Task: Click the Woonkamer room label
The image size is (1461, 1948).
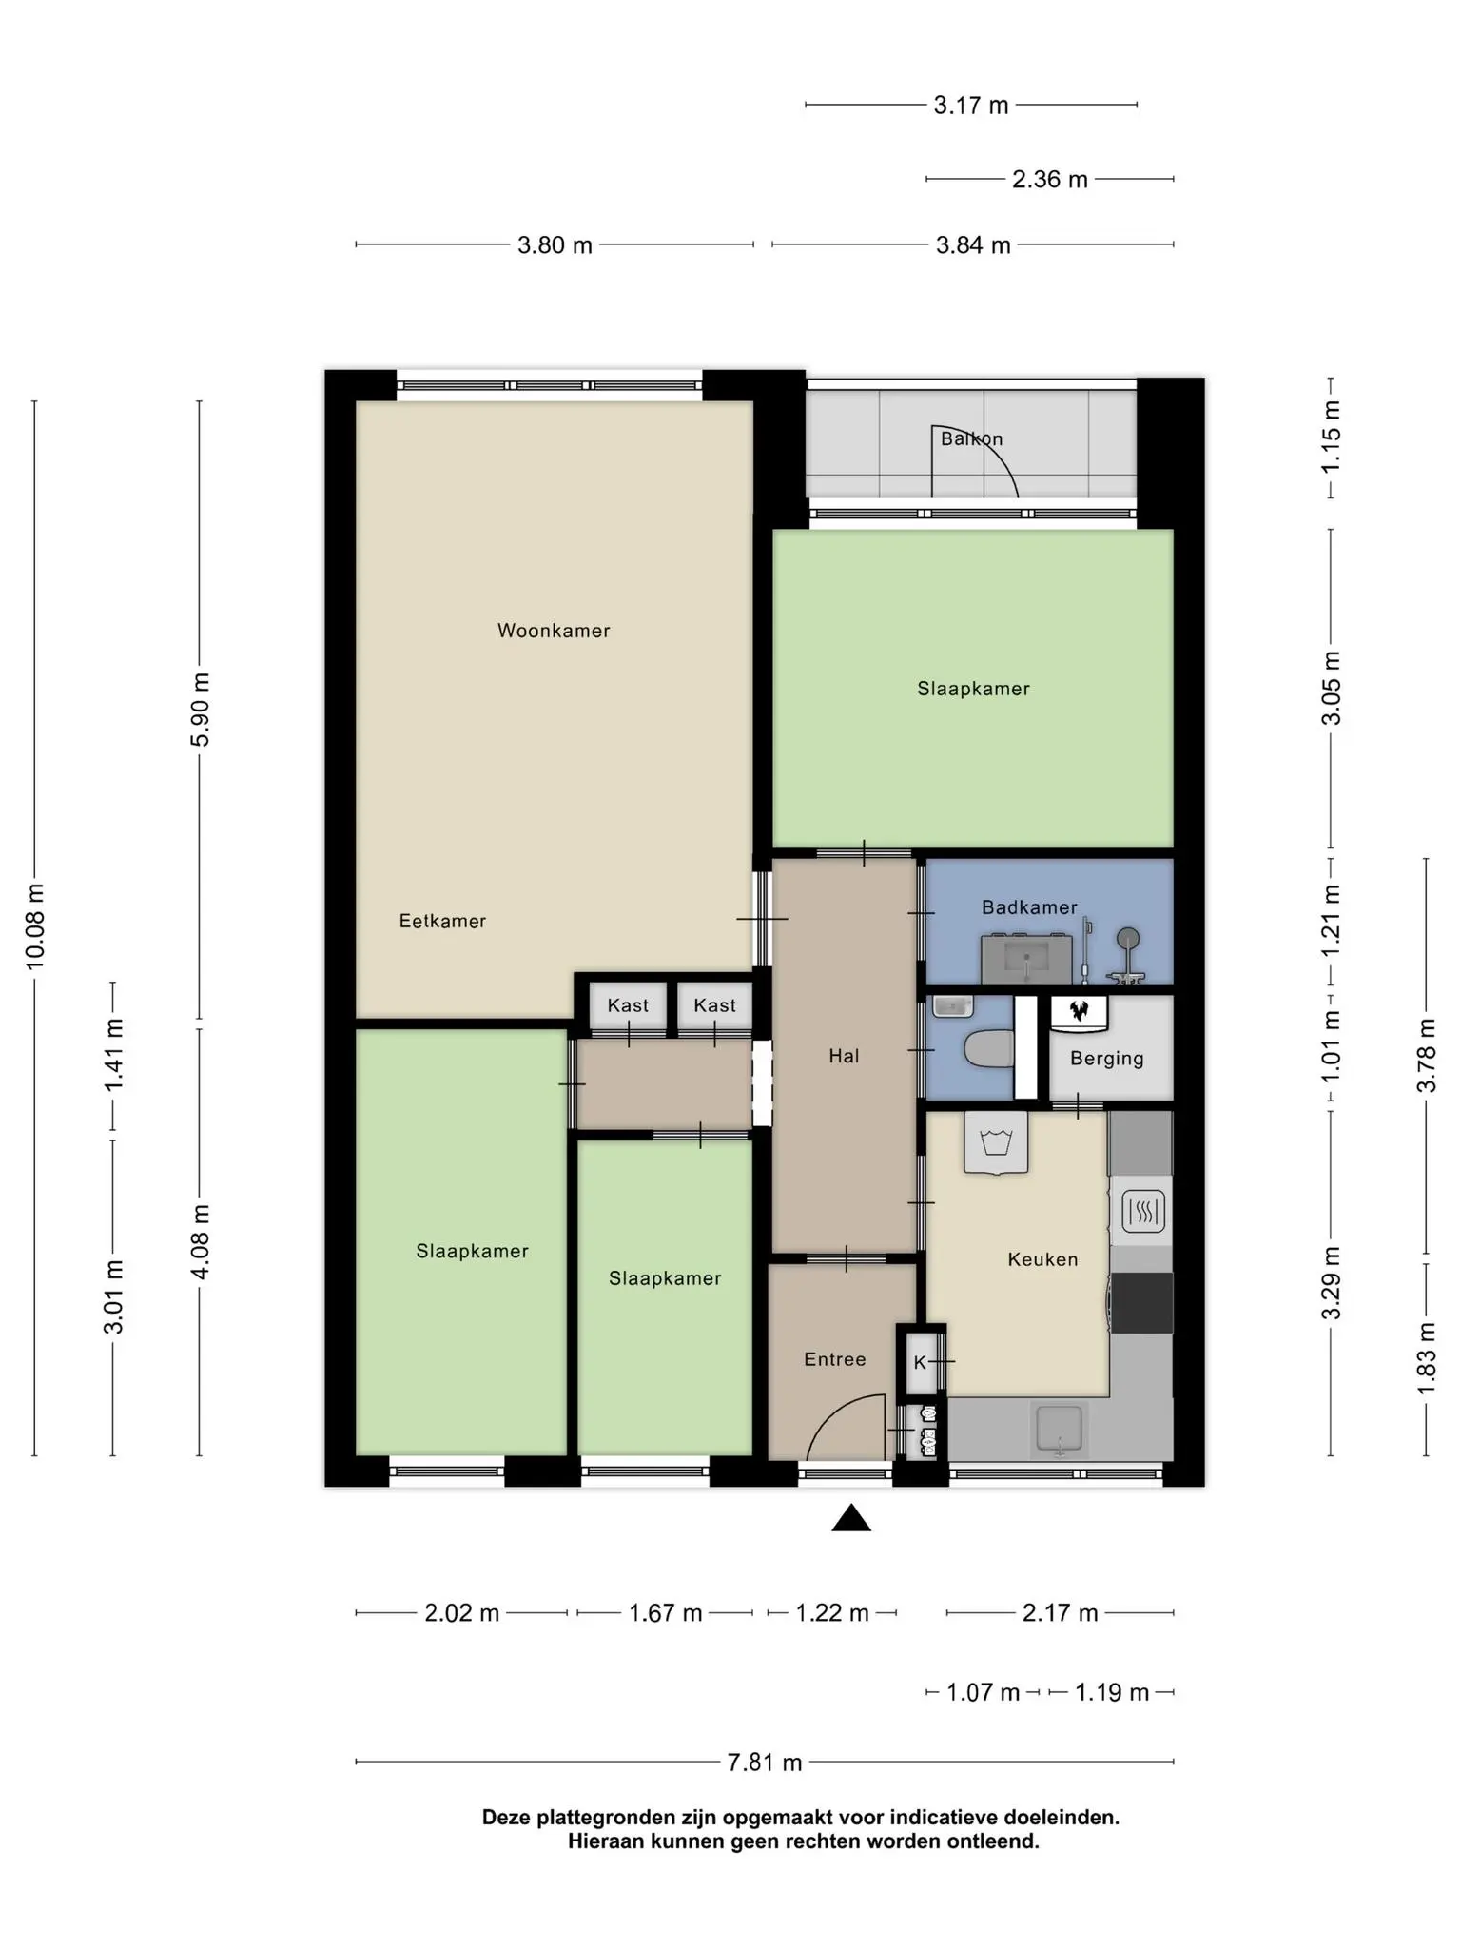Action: pos(554,631)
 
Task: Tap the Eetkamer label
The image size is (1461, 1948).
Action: pos(442,921)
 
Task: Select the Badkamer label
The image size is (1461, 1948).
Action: pos(1029,907)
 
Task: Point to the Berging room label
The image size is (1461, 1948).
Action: pos(1106,1059)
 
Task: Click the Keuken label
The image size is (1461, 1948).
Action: pos(1042,1259)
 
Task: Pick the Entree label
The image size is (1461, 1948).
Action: pos(835,1359)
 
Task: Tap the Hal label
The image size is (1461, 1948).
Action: pos(844,1056)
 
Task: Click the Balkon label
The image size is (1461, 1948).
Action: pos(971,438)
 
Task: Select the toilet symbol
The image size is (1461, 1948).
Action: pos(989,1050)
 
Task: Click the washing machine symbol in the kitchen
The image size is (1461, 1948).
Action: pos(996,1142)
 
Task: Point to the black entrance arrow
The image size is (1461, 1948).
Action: pos(851,1518)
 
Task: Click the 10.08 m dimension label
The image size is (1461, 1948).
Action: pos(35,927)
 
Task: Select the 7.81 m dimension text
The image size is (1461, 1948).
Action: pos(765,1763)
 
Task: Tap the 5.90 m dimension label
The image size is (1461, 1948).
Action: pos(200,710)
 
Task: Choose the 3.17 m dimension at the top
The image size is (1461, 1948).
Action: pos(970,105)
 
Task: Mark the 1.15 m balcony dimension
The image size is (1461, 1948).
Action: pos(1331,437)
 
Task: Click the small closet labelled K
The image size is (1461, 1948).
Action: pos(921,1362)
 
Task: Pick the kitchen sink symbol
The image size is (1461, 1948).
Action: pos(1059,1430)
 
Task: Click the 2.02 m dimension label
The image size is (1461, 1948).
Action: pos(461,1613)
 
